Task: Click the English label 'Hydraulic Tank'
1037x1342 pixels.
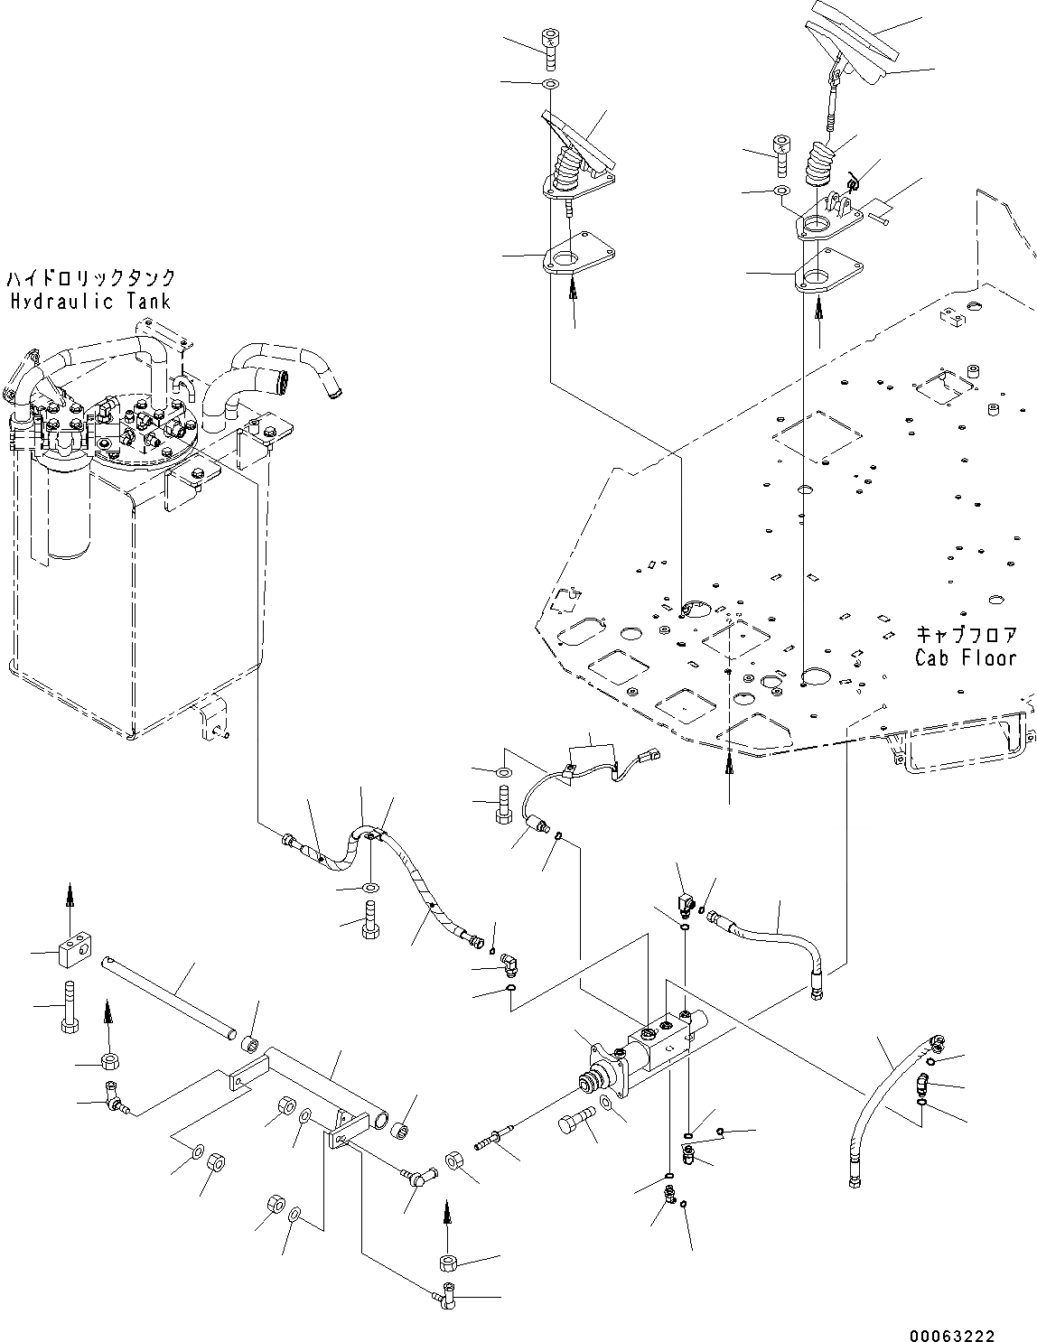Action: click(90, 302)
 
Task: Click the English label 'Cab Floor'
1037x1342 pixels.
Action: click(965, 657)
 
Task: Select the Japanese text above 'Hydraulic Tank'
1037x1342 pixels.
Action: click(90, 277)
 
